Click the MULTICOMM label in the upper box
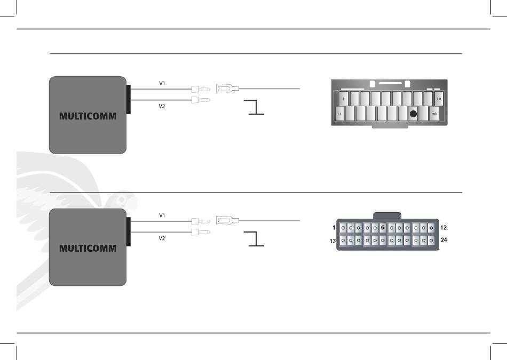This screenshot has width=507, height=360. tap(88, 116)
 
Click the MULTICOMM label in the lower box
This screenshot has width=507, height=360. tap(88, 248)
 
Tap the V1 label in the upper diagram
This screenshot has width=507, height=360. tap(162, 83)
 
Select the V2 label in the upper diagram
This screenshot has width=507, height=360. tap(162, 106)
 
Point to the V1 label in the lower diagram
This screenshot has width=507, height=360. tap(162, 215)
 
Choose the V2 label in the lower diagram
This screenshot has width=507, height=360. tap(162, 238)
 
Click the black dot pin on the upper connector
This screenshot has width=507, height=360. tap(413, 114)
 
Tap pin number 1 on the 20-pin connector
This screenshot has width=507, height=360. tap(343, 99)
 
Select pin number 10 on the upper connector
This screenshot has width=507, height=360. tap(439, 99)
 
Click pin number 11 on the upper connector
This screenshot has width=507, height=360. tap(339, 114)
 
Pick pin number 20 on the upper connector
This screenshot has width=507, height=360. tap(434, 114)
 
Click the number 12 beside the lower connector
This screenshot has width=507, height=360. tap(443, 228)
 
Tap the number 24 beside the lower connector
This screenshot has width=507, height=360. tap(444, 240)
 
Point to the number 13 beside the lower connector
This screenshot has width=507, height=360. tap(332, 241)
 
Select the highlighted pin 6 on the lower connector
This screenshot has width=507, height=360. tap(383, 228)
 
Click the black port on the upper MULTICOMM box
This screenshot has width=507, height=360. tap(129, 100)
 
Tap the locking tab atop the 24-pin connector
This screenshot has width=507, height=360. tap(387, 216)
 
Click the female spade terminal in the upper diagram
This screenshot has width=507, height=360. tap(228, 88)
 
